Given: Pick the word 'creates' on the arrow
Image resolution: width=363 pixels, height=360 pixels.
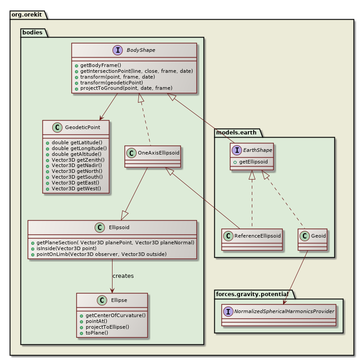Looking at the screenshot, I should click(123, 276).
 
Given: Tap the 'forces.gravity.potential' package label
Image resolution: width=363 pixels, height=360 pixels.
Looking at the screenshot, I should click(254, 293).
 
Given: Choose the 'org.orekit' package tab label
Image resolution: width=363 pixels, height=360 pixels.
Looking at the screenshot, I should click(28, 14).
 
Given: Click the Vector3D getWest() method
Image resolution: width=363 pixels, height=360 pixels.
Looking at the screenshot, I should click(76, 188).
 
